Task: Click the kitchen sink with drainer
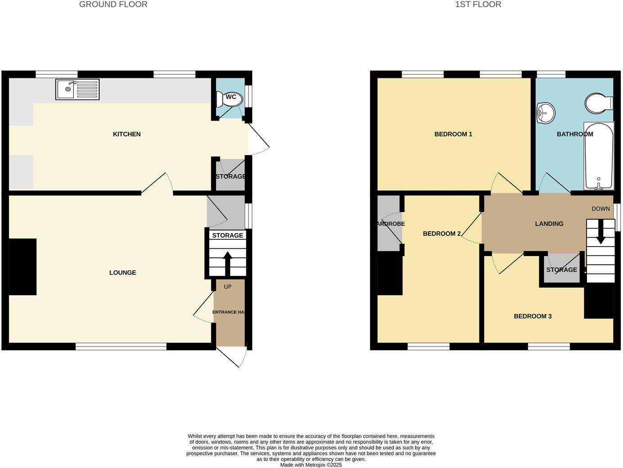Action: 77,89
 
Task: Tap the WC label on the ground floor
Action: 231,97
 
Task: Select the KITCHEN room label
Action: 126,134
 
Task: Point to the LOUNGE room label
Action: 122,273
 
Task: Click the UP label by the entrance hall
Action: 228,287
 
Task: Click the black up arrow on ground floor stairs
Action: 228,263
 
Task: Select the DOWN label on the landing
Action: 600,209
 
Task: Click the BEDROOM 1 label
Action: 453,134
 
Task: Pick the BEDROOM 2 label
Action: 442,234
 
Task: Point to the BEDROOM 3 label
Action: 533,316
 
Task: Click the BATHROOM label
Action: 575,134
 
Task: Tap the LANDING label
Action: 549,224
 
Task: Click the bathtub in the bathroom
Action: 598,155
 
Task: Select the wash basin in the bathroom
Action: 546,112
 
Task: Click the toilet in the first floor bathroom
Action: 598,103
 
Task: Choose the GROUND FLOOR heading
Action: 113,4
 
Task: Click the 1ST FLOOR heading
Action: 478,4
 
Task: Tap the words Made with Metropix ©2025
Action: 311,465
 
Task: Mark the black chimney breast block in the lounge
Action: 23,267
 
